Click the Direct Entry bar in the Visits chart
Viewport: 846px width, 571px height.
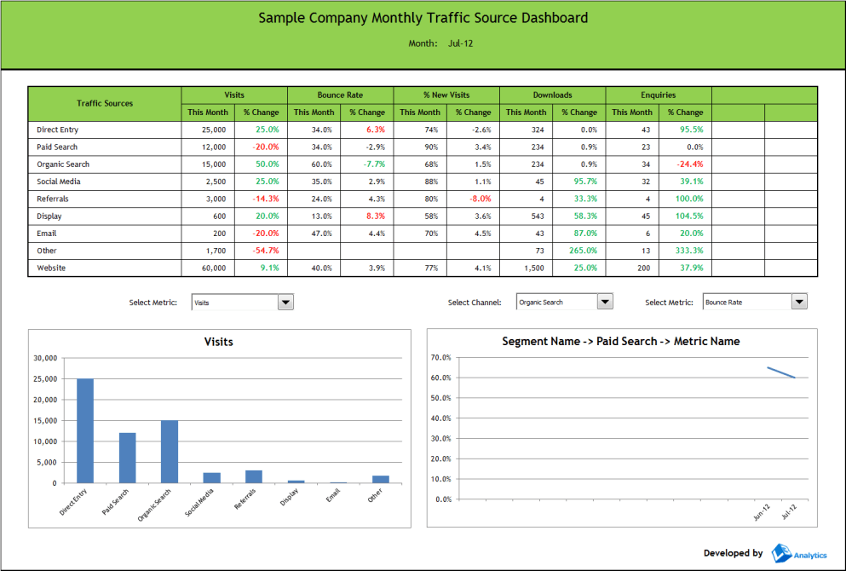pyautogui.click(x=85, y=430)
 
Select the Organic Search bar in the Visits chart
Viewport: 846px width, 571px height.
pyautogui.click(x=170, y=451)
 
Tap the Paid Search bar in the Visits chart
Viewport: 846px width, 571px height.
pyautogui.click(x=127, y=458)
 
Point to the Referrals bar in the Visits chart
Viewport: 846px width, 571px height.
pyautogui.click(x=254, y=476)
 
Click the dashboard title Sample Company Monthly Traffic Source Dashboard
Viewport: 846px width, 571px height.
pyautogui.click(x=423, y=18)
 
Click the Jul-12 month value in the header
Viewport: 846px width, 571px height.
pyautogui.click(x=461, y=43)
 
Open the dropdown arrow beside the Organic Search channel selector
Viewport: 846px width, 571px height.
pyautogui.click(x=605, y=302)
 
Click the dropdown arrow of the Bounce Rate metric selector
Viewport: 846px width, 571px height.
pyautogui.click(x=799, y=302)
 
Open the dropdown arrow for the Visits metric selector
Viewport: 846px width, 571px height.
pyautogui.click(x=286, y=302)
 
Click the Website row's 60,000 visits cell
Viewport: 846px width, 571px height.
pyautogui.click(x=213, y=268)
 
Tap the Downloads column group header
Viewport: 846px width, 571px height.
pyautogui.click(x=552, y=95)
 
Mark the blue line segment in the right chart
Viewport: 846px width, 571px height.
pyautogui.click(x=781, y=372)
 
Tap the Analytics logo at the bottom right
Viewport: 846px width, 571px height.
pyautogui.click(x=798, y=554)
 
